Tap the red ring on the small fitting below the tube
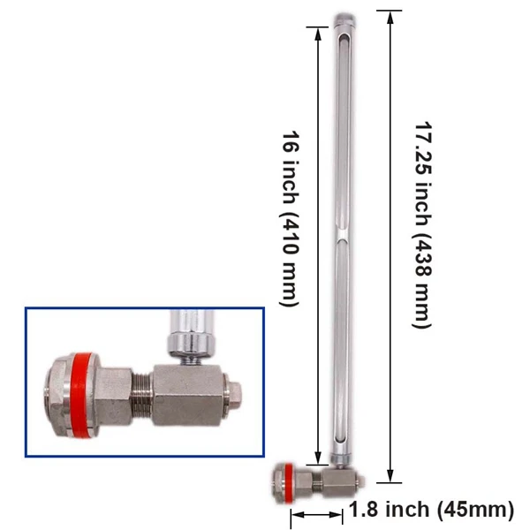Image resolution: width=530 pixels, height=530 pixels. pyautogui.click(x=286, y=481)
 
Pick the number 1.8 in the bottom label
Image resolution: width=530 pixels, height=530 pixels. pyautogui.click(x=364, y=510)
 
